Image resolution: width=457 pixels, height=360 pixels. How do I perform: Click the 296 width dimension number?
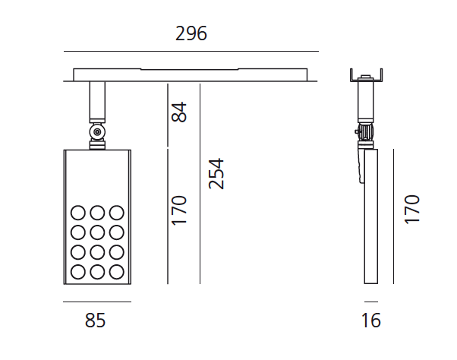click(191, 34)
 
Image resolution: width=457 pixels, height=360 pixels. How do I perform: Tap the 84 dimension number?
click(178, 112)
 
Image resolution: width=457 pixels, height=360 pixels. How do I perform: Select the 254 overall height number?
click(216, 174)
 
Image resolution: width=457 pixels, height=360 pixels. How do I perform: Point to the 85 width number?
click(95, 321)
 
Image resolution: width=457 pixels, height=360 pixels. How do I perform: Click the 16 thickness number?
click(370, 321)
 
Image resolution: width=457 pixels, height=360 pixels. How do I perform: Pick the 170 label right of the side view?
click(411, 209)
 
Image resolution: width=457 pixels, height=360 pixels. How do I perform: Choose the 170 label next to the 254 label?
click(178, 210)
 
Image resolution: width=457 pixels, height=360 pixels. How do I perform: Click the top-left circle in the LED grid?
click(78, 213)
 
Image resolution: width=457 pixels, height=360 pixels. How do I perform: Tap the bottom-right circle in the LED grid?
click(116, 271)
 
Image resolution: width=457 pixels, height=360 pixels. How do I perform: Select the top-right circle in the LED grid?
click(116, 213)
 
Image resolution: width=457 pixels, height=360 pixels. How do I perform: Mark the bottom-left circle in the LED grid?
click(78, 271)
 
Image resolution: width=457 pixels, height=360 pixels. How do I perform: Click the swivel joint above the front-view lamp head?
click(96, 134)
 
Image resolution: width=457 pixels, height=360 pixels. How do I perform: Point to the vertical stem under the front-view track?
click(96, 102)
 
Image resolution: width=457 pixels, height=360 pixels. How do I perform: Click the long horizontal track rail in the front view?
click(191, 75)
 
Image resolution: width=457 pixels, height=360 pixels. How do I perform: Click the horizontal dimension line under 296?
click(191, 52)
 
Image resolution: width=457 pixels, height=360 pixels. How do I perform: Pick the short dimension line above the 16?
click(371, 302)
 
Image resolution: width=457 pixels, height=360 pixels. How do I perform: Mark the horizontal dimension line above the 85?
click(96, 302)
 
